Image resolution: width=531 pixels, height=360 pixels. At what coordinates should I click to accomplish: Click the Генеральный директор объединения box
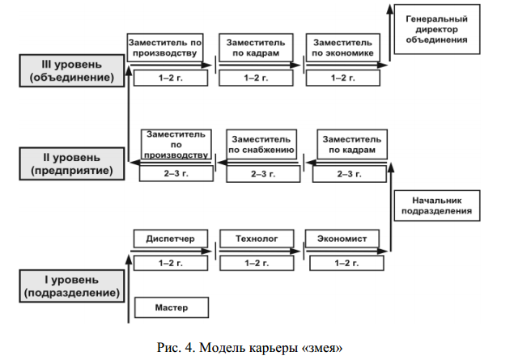(437, 28)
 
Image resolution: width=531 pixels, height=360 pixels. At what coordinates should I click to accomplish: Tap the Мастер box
(171, 307)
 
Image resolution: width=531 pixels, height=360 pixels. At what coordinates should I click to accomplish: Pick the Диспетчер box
(170, 239)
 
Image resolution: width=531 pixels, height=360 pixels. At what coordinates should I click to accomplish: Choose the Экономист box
(342, 239)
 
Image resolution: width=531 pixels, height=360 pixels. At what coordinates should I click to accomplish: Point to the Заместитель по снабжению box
(260, 144)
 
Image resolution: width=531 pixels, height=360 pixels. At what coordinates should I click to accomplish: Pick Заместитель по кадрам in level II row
(348, 144)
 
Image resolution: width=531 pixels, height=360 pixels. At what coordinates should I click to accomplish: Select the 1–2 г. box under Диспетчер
(171, 263)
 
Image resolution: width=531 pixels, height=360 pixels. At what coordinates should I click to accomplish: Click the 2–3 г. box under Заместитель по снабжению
(260, 173)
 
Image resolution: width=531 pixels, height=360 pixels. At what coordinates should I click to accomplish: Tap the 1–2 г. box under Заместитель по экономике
(343, 78)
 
